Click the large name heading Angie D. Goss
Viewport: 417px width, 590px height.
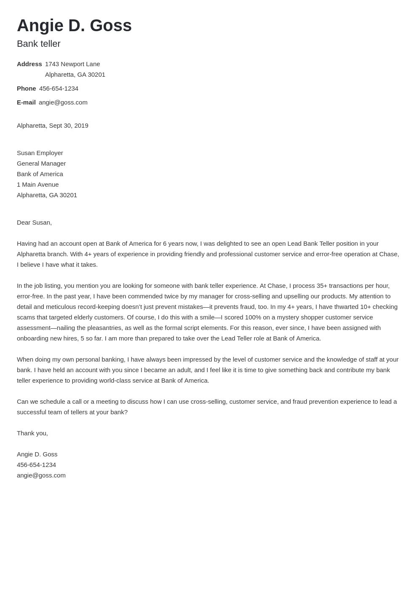74,25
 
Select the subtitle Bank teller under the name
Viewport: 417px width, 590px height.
39,44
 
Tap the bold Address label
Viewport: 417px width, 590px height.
29,64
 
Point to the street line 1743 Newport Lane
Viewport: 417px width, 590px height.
72,64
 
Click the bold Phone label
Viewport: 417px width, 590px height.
26,88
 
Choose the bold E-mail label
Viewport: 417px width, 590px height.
26,102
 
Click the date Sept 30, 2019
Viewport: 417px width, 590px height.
68,126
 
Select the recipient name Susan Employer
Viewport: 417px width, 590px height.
40,153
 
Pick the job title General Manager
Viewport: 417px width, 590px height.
41,164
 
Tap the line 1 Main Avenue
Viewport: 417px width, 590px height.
38,185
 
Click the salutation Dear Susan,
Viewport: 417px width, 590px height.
34,223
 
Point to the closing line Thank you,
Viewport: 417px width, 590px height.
32,433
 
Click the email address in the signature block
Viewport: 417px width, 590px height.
41,475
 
